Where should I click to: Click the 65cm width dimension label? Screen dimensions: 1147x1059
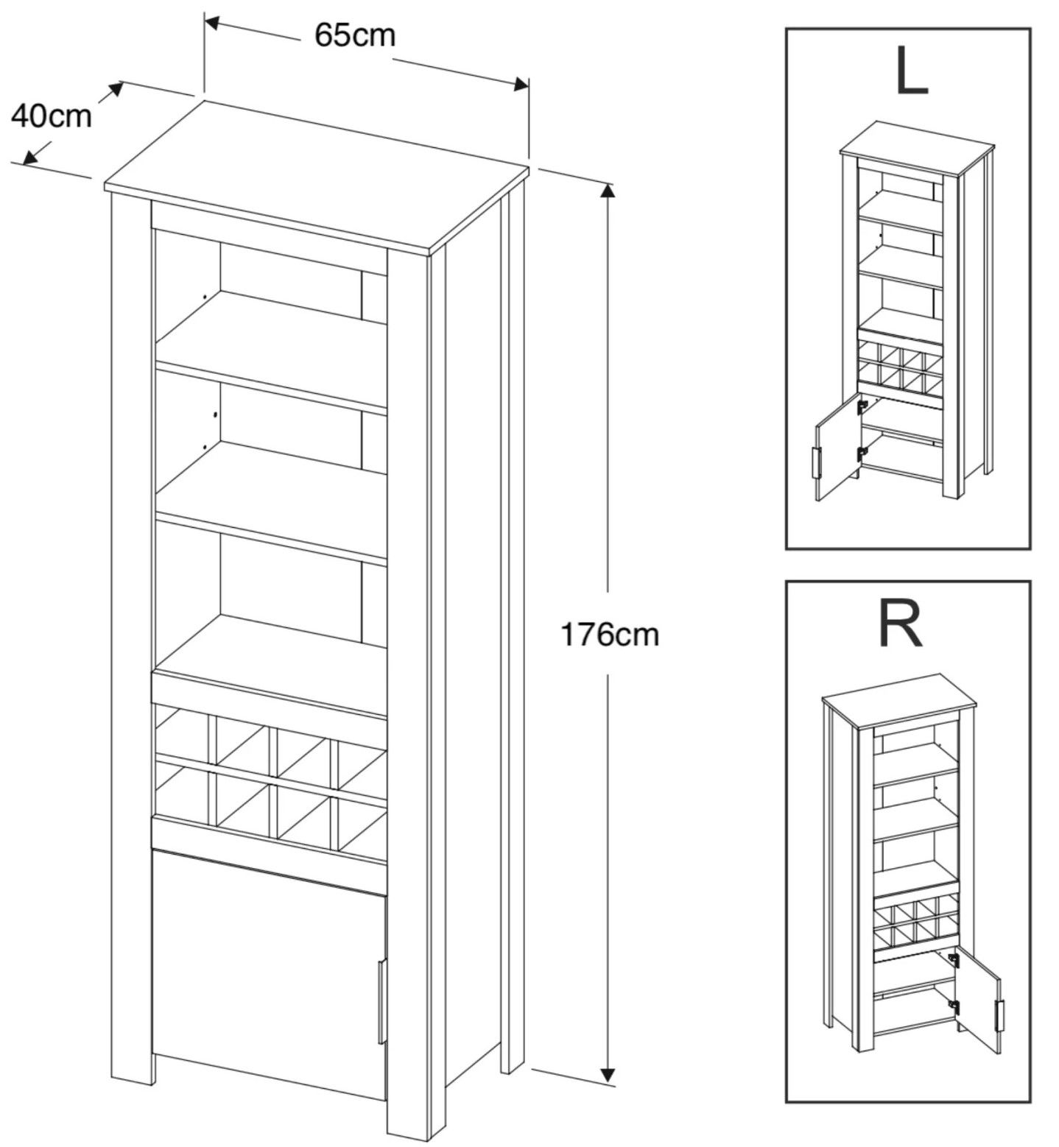(354, 35)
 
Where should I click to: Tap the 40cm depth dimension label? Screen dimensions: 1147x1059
(52, 116)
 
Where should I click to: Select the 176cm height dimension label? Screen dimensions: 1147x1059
(610, 634)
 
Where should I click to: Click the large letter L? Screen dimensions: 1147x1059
(911, 73)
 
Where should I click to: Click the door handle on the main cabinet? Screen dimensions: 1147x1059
(381, 1001)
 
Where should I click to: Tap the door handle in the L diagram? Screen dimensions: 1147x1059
(815, 463)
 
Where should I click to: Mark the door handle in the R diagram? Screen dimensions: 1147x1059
(999, 1015)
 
